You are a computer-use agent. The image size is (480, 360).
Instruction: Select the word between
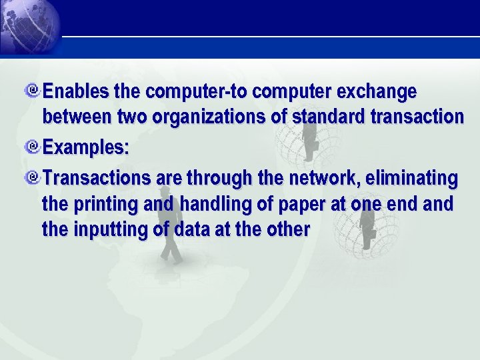(77, 117)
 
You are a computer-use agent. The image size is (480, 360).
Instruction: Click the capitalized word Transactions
(97, 179)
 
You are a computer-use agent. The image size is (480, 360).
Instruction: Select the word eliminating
(411, 179)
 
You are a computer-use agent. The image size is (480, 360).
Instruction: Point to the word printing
(103, 204)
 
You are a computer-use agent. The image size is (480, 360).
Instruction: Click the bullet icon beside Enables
(34, 90)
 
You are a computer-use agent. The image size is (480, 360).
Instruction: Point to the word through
(219, 179)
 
